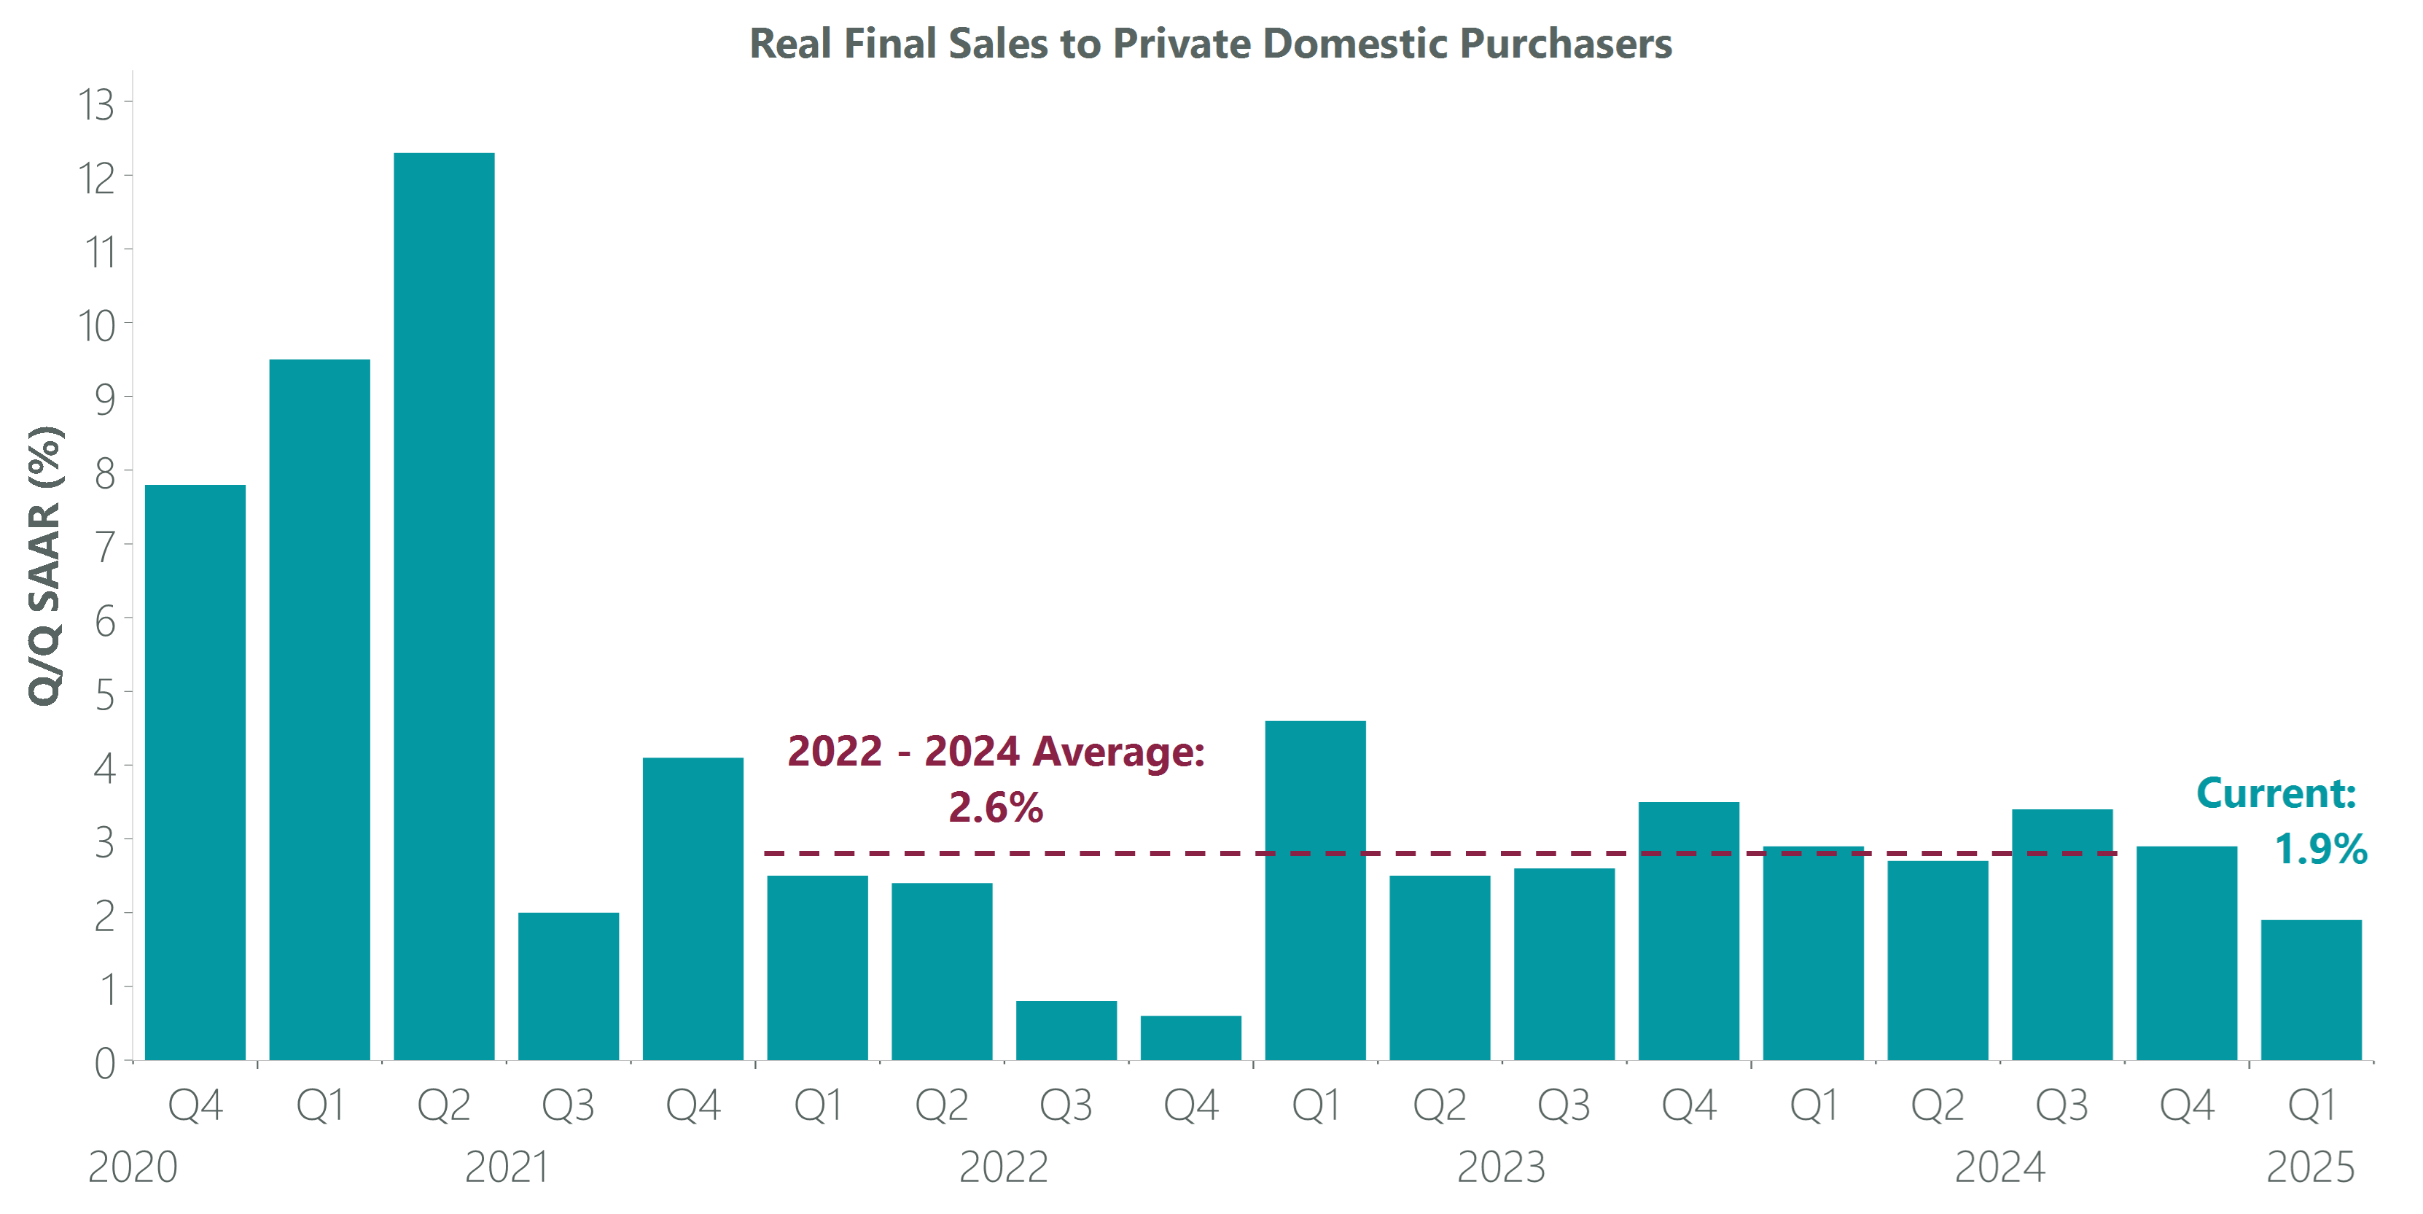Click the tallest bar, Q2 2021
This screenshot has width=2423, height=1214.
tap(444, 606)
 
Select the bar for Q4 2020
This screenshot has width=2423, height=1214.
tap(195, 771)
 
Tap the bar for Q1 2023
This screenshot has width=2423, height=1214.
tap(1315, 890)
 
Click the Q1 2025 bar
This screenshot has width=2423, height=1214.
tap(2311, 990)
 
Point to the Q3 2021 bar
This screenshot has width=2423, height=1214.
tap(568, 987)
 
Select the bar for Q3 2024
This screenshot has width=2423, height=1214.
tap(2061, 935)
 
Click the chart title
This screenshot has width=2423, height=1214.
tap(1211, 43)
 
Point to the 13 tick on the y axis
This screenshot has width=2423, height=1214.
tap(96, 104)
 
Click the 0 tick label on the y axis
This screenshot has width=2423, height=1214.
tap(104, 1063)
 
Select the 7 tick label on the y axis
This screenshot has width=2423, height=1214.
tap(104, 547)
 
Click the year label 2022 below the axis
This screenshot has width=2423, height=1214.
tap(1004, 1167)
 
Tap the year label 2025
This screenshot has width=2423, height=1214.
tap(2310, 1167)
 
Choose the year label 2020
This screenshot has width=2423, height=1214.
tap(133, 1167)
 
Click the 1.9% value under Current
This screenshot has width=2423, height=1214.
tap(2320, 849)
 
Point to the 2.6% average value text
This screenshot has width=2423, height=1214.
tap(995, 806)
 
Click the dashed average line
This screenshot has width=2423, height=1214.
tap(1034, 854)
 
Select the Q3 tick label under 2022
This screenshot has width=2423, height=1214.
tap(1066, 1105)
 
